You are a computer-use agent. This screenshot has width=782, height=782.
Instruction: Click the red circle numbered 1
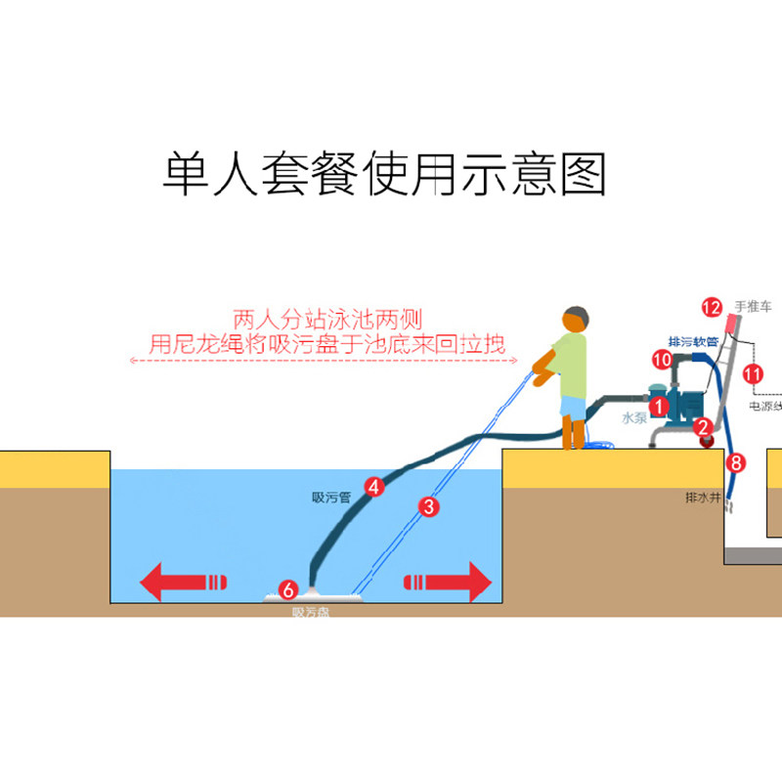click(660, 403)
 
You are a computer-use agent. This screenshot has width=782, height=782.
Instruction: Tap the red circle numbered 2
click(702, 426)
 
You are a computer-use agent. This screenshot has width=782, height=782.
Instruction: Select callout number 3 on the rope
click(427, 506)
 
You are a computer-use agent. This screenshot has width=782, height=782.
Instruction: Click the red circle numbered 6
click(287, 589)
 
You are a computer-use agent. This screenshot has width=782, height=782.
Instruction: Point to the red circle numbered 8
click(736, 462)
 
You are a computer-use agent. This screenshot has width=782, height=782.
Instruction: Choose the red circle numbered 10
click(662, 360)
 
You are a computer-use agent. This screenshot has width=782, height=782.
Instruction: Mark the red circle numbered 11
click(753, 372)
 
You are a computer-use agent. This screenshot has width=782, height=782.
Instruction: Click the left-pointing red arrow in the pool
click(185, 585)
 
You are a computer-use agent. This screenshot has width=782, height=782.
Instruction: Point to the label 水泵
click(635, 417)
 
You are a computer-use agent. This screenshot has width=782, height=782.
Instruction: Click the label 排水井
click(703, 498)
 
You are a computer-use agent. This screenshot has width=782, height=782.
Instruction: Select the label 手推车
click(754, 305)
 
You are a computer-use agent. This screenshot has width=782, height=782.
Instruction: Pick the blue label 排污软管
click(693, 341)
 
